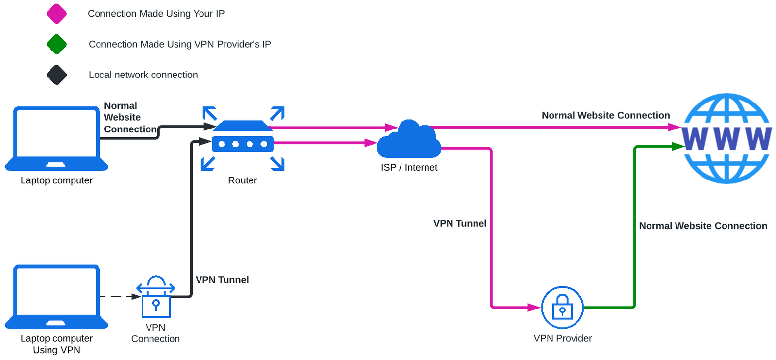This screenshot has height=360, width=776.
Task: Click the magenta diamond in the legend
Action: [56, 14]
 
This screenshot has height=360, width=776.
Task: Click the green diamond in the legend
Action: [56, 44]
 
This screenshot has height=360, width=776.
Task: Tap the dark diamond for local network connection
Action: [56, 75]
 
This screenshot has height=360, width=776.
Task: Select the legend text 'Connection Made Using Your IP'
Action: [156, 14]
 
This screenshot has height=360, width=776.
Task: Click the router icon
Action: [243, 138]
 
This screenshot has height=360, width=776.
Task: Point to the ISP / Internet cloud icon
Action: [409, 140]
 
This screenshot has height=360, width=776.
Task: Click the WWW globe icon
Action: [726, 138]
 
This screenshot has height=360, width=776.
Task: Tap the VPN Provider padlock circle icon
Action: [562, 308]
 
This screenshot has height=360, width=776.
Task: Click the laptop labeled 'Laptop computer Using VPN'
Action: [56, 297]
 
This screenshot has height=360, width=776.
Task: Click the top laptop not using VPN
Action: [56, 138]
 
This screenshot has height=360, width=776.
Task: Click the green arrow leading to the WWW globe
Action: [635, 221]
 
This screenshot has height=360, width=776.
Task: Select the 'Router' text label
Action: [242, 180]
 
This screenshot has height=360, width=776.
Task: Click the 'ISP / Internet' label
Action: [409, 168]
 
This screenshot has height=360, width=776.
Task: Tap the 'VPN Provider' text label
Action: [562, 338]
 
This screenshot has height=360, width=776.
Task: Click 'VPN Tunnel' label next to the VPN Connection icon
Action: [222, 280]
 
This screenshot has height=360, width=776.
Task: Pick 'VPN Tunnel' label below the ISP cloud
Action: [459, 223]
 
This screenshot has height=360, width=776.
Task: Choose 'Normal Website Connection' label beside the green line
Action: [703, 226]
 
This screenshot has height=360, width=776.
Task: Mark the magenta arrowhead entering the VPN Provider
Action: [534, 308]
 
